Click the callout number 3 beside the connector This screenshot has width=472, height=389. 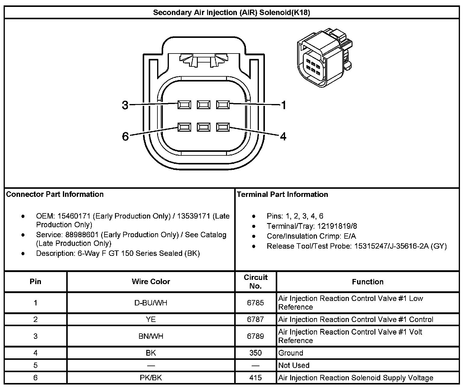125,105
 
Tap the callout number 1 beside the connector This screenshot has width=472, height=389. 283,105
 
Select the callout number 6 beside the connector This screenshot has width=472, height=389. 125,136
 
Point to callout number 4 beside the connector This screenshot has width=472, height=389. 283,136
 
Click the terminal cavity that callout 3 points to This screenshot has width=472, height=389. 184,105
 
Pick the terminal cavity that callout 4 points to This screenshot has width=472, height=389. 223,127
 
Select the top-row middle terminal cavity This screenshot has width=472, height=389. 203,105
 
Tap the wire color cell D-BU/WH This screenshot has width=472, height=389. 151,303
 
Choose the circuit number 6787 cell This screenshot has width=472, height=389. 255,319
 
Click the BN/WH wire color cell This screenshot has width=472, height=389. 151,336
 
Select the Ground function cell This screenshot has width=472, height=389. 291,353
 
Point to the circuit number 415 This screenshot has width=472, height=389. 255,378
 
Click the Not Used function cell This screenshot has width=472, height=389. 294,365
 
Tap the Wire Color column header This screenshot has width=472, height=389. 151,282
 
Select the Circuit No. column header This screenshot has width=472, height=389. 256,282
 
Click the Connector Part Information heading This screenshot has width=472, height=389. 55,194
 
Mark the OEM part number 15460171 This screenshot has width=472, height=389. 74,216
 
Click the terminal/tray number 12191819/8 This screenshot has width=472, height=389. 337,226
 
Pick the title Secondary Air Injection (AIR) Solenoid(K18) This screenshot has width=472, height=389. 231,13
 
